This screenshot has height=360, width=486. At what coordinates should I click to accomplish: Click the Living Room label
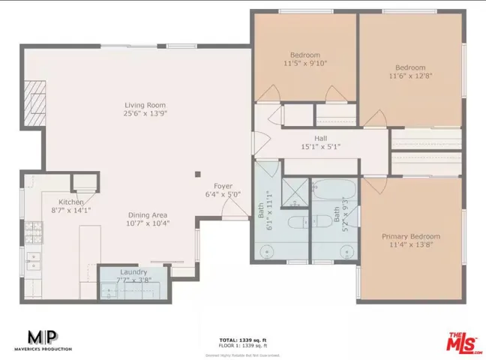[x=145, y=105]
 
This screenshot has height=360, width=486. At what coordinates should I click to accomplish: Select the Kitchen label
[x=71, y=202]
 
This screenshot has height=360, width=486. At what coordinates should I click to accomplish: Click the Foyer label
[x=223, y=186]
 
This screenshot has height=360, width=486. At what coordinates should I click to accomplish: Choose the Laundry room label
[x=133, y=271]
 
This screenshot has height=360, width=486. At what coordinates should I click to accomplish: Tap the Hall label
[x=320, y=138]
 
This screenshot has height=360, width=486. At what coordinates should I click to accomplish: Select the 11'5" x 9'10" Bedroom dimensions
[x=305, y=64]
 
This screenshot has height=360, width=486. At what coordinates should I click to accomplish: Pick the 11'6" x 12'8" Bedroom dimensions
[x=410, y=76]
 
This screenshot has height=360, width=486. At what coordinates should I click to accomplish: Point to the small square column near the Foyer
[x=197, y=172]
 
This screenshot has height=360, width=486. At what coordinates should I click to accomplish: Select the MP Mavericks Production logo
[x=42, y=340]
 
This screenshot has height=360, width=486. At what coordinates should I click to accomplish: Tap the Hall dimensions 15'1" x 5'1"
[x=320, y=147]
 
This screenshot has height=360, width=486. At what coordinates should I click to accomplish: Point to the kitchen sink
[x=33, y=260]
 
